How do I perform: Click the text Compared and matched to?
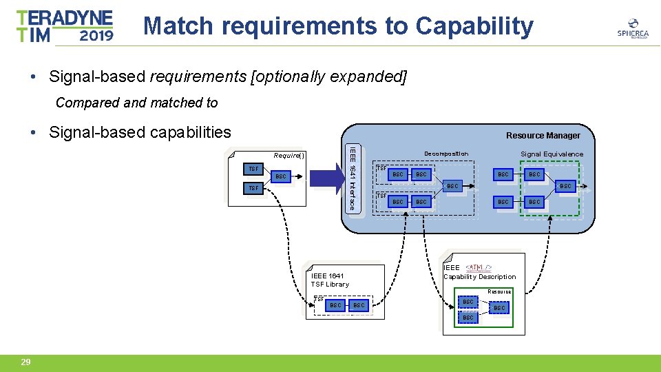click(x=136, y=103)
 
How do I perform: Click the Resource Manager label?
click(x=543, y=136)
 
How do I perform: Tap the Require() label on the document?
click(x=289, y=155)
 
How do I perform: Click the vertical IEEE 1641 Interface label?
click(x=352, y=178)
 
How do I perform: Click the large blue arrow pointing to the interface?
click(x=326, y=178)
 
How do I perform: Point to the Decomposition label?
click(x=445, y=154)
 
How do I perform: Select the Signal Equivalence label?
click(x=552, y=154)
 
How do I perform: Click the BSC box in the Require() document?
click(x=281, y=177)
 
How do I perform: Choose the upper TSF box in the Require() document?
click(x=253, y=169)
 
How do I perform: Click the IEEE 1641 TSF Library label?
click(x=330, y=280)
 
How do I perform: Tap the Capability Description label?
click(x=479, y=277)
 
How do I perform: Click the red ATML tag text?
click(x=479, y=267)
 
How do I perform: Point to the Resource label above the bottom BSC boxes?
click(x=499, y=291)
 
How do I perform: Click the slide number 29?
click(x=25, y=362)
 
